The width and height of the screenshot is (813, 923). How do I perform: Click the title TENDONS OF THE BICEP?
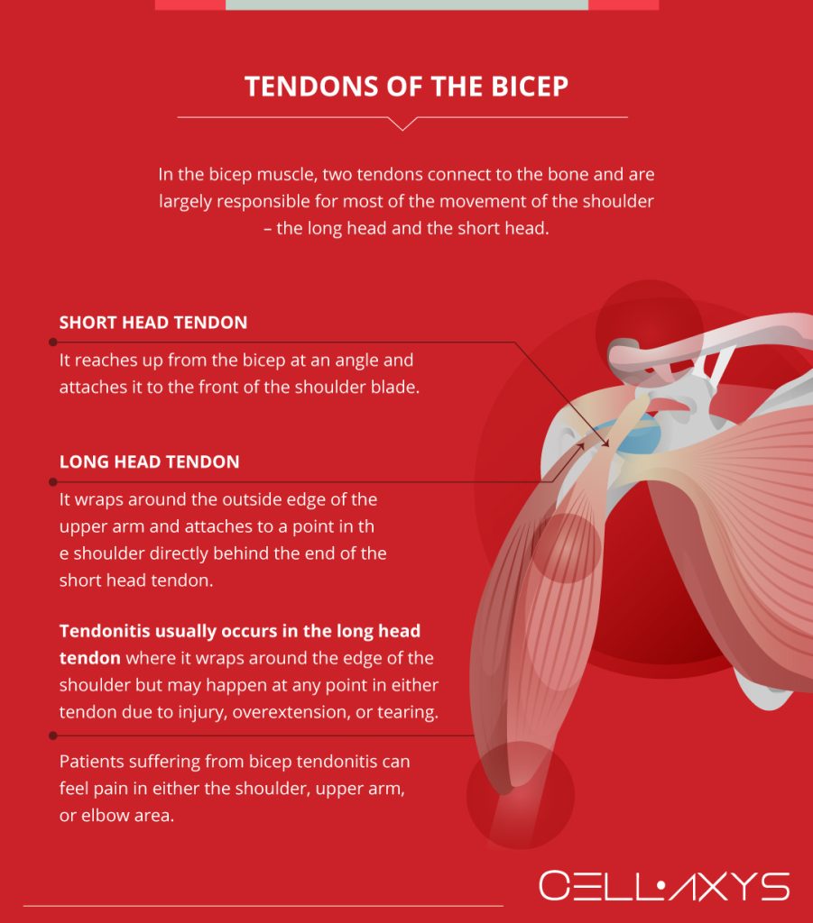[406, 87]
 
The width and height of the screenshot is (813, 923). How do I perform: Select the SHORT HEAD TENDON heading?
[153, 323]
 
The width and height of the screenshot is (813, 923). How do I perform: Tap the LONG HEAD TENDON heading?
[150, 462]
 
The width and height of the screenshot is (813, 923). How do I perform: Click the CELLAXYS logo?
[664, 887]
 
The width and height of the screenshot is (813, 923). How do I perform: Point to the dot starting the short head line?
[53, 343]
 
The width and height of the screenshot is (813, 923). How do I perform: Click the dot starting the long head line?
[53, 482]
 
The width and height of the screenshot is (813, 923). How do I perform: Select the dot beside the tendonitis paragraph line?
[53, 736]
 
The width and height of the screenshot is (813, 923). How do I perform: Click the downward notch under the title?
[402, 123]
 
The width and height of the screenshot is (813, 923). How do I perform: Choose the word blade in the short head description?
[398, 389]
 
